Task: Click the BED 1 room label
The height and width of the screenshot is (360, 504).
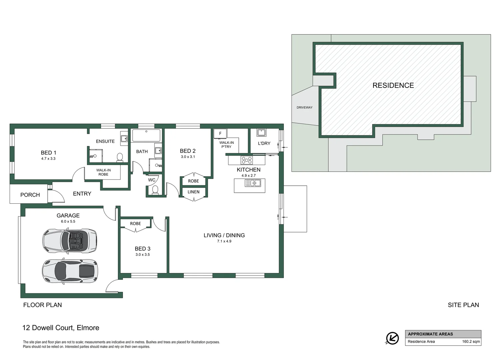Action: click(48, 153)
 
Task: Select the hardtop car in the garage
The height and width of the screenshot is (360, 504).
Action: click(70, 271)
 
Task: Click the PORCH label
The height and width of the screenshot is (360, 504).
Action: click(30, 195)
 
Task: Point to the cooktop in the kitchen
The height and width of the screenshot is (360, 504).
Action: click(247, 160)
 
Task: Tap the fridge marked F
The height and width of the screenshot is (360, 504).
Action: click(220, 133)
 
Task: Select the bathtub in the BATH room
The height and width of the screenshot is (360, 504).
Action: click(146, 136)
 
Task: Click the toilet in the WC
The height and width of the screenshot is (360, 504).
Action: click(155, 190)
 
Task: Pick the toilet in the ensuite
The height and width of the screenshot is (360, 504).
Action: click(120, 157)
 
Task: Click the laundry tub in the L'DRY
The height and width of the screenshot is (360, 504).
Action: click(261, 133)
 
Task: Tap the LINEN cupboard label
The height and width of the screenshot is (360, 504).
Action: click(194, 192)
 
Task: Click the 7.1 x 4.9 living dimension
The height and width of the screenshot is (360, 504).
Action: click(224, 241)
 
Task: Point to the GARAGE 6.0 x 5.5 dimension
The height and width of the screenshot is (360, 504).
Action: click(68, 221)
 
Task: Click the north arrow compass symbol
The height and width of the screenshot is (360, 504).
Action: click(392, 338)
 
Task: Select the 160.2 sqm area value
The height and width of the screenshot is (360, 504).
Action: click(471, 342)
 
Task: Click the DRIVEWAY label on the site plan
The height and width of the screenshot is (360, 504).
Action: click(304, 108)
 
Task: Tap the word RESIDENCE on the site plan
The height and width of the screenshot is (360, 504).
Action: click(393, 85)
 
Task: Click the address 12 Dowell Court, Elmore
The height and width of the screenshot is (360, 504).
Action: click(61, 328)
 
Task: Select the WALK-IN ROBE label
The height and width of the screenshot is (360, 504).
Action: click(103, 172)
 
